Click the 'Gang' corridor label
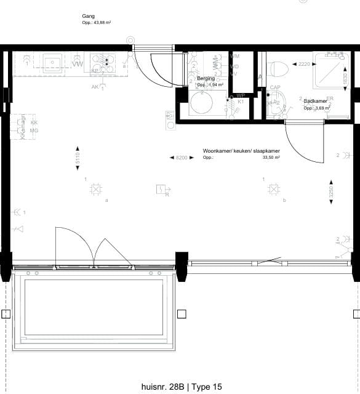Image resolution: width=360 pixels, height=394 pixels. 88,16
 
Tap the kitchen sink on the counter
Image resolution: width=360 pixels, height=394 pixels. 52,62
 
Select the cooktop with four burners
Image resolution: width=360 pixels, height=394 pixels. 103,62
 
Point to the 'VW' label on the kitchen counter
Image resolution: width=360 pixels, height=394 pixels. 78,64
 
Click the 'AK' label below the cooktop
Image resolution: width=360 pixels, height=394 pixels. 95,87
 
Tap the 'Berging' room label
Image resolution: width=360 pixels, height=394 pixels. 206,79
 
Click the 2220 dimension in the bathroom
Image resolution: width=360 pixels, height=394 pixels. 303,63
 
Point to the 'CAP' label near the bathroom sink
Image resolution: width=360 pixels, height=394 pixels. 275,88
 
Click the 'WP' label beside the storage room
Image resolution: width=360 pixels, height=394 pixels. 241,95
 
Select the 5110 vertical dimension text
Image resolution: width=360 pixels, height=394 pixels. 78,158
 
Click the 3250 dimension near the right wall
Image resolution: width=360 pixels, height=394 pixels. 332,191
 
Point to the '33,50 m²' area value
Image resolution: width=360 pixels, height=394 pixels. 271,158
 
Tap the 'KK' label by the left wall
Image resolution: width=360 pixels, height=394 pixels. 34,123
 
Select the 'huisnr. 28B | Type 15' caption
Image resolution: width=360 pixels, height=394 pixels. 181,387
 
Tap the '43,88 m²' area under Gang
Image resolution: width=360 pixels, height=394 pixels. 98,22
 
